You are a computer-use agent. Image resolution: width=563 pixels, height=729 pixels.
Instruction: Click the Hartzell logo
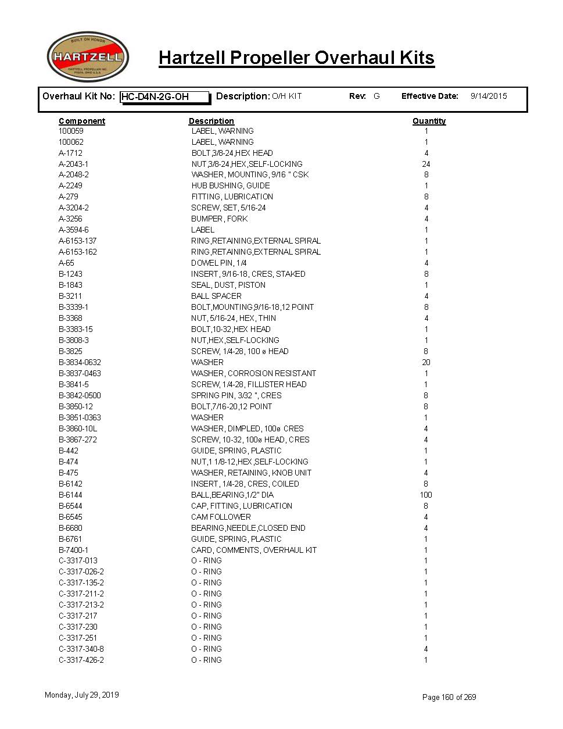coord(87,57)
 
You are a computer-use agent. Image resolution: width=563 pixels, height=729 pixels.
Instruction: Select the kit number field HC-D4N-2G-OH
coord(164,97)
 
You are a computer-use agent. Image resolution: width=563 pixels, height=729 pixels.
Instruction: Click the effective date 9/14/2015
coord(488,96)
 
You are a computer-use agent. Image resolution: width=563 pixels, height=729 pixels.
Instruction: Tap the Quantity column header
coord(429,121)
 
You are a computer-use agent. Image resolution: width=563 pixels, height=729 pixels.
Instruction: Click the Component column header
coord(82,121)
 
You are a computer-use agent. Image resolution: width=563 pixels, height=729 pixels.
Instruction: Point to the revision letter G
coord(376,96)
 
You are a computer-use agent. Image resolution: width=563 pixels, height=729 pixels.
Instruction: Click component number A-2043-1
coord(74,164)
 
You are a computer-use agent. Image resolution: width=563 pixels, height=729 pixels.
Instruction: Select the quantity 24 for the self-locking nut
coord(426,164)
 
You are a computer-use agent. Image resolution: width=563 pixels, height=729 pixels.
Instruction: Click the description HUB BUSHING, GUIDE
coord(231,185)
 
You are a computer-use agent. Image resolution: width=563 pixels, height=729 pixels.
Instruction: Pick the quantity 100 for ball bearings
coord(426,495)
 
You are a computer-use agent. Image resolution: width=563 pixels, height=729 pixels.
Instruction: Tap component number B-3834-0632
coord(80,362)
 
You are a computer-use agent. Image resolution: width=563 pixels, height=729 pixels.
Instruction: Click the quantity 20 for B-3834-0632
coord(426,362)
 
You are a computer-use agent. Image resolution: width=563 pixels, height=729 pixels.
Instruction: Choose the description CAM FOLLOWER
coord(221,517)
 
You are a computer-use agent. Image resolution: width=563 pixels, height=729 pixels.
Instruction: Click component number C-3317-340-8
coord(81,649)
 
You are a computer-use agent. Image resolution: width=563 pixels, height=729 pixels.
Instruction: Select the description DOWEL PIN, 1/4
coord(219,263)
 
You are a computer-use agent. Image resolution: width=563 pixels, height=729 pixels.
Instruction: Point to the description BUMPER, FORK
coord(220,219)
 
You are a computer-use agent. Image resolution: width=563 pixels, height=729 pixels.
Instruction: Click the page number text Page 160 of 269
coord(449,697)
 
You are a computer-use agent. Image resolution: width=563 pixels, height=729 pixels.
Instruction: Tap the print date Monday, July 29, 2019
coord(82,695)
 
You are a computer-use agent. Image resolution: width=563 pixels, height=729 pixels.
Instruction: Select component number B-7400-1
coord(74,550)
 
